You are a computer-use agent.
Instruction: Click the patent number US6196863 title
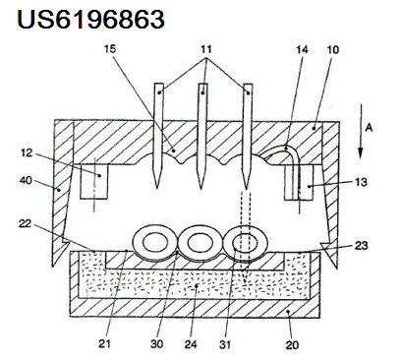90,19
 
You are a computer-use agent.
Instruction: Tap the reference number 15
110,49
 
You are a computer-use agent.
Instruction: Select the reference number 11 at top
205,49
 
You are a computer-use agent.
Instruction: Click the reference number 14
303,50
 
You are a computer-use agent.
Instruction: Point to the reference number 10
332,50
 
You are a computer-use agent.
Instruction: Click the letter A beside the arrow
369,128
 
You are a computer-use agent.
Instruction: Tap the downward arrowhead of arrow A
361,153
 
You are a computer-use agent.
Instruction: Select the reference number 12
27,153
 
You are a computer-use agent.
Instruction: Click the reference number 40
26,180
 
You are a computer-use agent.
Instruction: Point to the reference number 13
362,182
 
